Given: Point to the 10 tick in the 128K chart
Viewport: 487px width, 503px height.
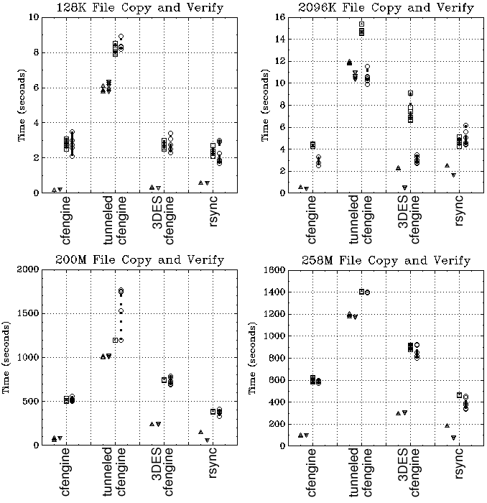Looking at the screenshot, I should pos(32,17).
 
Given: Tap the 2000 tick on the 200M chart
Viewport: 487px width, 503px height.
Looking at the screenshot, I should pos(27,269).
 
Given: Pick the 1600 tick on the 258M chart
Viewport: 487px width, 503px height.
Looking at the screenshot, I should pos(274,270).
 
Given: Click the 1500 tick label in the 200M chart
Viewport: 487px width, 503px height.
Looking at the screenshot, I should pos(27,313).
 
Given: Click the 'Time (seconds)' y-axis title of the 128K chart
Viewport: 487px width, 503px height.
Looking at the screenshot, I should pos(21,106).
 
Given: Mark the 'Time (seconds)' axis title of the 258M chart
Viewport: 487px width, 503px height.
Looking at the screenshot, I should pos(253,358).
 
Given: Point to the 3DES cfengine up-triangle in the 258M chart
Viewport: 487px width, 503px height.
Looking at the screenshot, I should pos(398,413).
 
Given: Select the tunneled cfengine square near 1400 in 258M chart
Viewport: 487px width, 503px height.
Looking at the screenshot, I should pos(361,292).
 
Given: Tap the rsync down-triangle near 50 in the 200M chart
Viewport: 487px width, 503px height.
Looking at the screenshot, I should pos(207,440).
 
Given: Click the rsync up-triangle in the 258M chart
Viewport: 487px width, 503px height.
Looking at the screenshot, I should pos(447,425).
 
